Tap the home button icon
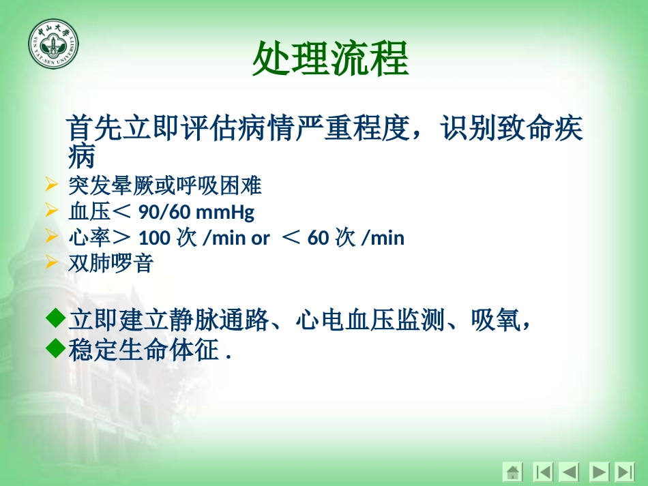point(513,471)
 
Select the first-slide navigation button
point(543,471)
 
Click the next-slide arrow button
point(598,471)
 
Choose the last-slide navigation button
point(624,471)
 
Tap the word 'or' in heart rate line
point(261,238)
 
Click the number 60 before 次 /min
point(318,238)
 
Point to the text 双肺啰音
point(111,264)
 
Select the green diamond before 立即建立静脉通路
point(55,318)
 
